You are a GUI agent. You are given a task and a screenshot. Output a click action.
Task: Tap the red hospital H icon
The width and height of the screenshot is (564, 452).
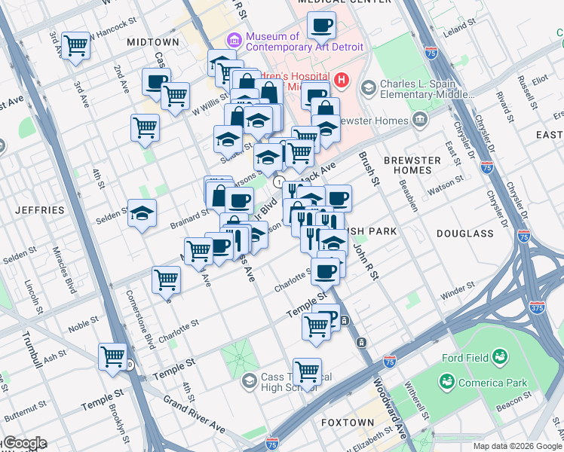(342, 79)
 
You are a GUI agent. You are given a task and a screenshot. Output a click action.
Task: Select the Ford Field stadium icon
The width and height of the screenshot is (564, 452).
(499, 356)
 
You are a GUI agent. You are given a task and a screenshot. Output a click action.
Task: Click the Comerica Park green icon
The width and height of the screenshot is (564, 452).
(448, 383)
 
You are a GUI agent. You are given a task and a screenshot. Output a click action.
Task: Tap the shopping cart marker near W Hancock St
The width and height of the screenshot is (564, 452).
(75, 45)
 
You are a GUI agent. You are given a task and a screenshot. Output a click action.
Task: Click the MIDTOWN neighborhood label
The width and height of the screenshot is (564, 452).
(153, 42)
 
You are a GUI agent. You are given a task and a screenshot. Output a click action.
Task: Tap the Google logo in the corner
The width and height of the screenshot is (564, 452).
(24, 443)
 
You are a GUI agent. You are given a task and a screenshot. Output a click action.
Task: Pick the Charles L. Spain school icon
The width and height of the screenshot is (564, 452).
(369, 88)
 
